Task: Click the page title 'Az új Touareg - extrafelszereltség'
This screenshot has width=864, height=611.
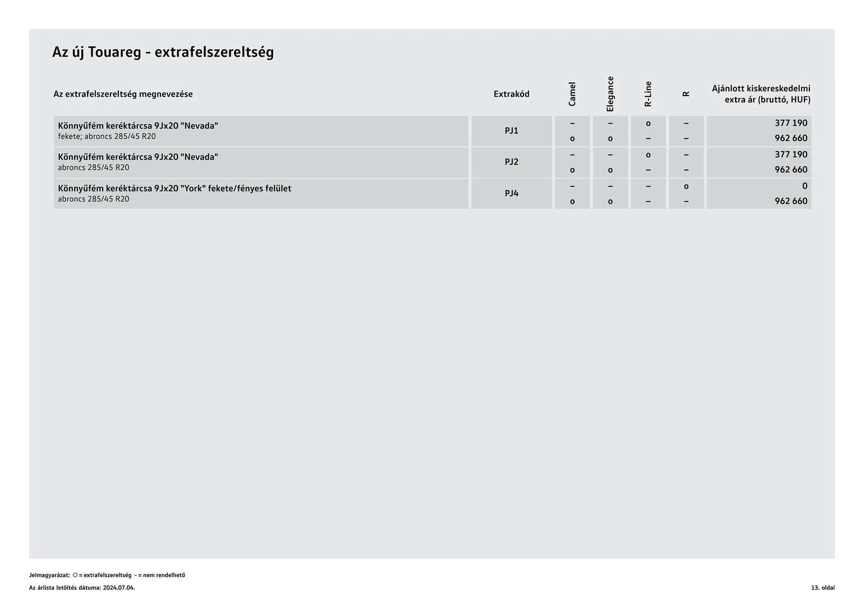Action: [x=163, y=52]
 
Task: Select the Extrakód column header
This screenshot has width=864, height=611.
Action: [x=511, y=94]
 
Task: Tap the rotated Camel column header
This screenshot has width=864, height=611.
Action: [x=572, y=94]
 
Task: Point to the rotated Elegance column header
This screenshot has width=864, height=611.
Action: [x=610, y=94]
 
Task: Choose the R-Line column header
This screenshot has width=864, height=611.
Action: [x=648, y=94]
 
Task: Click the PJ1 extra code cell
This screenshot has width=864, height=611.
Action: [x=511, y=131]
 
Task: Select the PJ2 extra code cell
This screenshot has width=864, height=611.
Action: [x=511, y=162]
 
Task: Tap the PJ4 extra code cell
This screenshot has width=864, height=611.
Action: [x=511, y=193]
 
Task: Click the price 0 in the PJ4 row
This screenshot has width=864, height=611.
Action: [x=805, y=186]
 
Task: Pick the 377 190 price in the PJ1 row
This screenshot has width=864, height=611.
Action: [x=791, y=123]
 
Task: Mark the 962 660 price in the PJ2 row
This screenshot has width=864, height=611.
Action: [x=791, y=170]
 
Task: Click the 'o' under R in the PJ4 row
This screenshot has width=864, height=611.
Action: [x=686, y=186]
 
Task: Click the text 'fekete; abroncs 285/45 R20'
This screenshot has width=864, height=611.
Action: [x=107, y=136]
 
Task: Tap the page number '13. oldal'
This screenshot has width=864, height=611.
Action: [x=823, y=588]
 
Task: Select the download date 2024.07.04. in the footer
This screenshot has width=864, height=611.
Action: [x=119, y=588]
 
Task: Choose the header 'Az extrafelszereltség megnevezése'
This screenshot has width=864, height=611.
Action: [x=123, y=94]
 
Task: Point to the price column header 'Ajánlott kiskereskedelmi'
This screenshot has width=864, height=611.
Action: [x=761, y=89]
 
